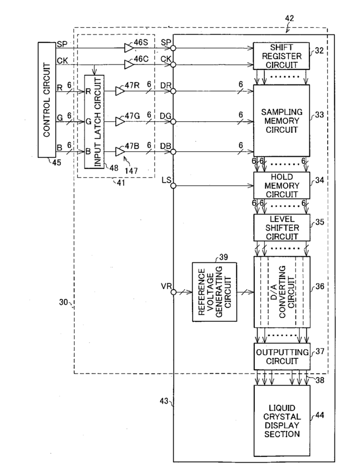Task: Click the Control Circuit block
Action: pos(47,100)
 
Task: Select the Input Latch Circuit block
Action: pos(94,122)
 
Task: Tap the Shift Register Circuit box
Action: pos(282,56)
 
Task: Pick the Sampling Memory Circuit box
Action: pos(282,121)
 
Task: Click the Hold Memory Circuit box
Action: pos(282,186)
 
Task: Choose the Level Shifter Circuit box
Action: pos(282,227)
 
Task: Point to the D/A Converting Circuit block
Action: pos(282,292)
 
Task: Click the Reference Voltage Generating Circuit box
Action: pos(214,292)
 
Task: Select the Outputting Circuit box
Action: pos(282,356)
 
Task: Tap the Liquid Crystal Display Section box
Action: pos(282,420)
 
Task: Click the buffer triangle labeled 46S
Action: pos(129,48)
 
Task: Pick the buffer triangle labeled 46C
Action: pos(129,64)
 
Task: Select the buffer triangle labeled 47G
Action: pos(120,122)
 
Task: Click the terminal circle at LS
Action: pos(173,186)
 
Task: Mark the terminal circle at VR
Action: pos(173,292)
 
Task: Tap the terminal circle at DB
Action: pos(173,152)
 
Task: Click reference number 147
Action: pos(131,171)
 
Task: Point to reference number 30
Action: pos(63,302)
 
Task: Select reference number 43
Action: pos(164,401)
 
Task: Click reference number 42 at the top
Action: pos(289,18)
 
